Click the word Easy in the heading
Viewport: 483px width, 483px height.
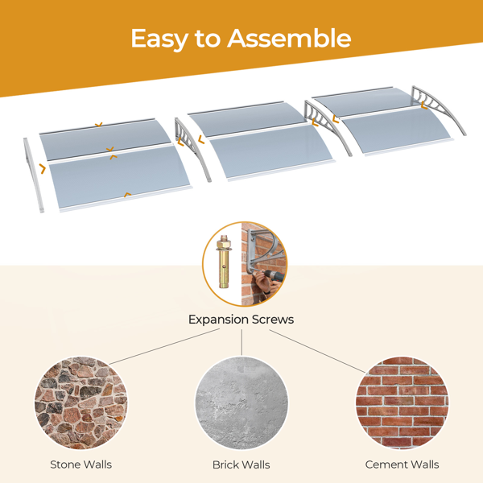pyautogui.click(x=159, y=39)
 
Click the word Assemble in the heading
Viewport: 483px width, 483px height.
pyautogui.click(x=289, y=38)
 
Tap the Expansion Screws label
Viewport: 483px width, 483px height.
pyautogui.click(x=242, y=320)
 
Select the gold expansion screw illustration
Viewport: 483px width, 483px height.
pyautogui.click(x=225, y=262)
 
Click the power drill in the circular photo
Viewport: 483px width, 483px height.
pyautogui.click(x=274, y=275)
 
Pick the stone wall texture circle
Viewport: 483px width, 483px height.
pyautogui.click(x=80, y=403)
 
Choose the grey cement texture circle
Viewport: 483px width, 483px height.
pyautogui.click(x=242, y=403)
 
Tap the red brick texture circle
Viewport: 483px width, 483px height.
pyautogui.click(x=402, y=403)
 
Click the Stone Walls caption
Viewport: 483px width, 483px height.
pyautogui.click(x=81, y=464)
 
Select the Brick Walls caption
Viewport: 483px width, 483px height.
pyautogui.click(x=242, y=464)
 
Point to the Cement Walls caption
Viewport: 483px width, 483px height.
pyautogui.click(x=402, y=464)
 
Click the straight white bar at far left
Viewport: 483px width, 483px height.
pyautogui.click(x=33, y=175)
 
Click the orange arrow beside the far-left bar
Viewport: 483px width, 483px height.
pyautogui.click(x=43, y=168)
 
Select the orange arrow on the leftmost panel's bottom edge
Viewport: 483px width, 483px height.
pyautogui.click(x=127, y=194)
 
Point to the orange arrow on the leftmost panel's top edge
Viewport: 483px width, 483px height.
pyautogui.click(x=98, y=125)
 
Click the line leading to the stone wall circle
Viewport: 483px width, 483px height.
pyautogui.click(x=164, y=346)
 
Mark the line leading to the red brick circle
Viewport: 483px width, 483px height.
pyautogui.click(x=317, y=352)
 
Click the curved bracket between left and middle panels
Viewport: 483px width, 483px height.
pyautogui.click(x=193, y=148)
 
